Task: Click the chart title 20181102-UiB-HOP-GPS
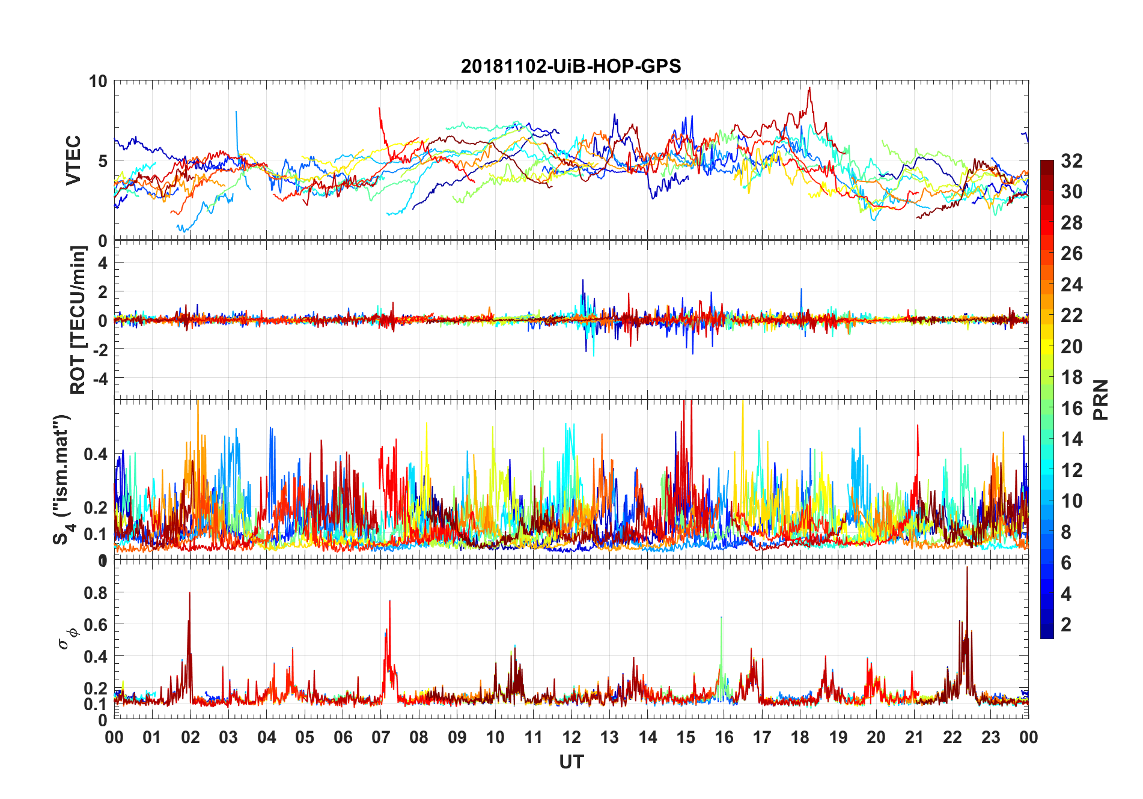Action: point(571,66)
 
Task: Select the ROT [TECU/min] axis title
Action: point(78,320)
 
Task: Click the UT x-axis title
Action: point(571,762)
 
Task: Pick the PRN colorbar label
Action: point(1101,399)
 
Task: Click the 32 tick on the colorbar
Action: point(1071,161)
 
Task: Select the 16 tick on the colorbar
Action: point(1071,409)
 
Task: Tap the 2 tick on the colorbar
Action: point(1066,625)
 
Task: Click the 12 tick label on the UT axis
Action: point(571,737)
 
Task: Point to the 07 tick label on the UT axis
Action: point(381,737)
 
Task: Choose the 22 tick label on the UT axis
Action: point(952,737)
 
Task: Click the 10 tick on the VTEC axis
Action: point(98,82)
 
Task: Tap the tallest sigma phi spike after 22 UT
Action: point(967,568)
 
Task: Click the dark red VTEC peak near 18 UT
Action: point(809,88)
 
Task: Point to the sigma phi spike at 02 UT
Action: point(190,594)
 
